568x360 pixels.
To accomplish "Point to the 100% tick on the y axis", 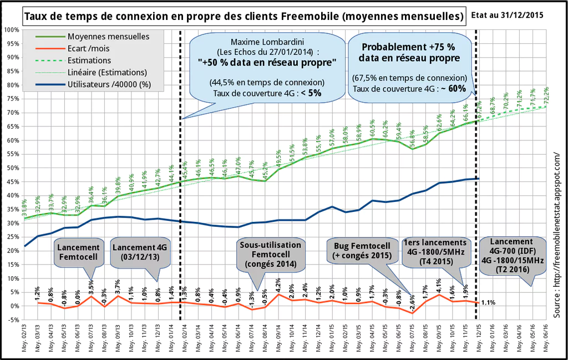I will pyautogui.click(x=11, y=29).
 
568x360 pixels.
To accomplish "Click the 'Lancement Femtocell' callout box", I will pyautogui.click(x=78, y=253).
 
